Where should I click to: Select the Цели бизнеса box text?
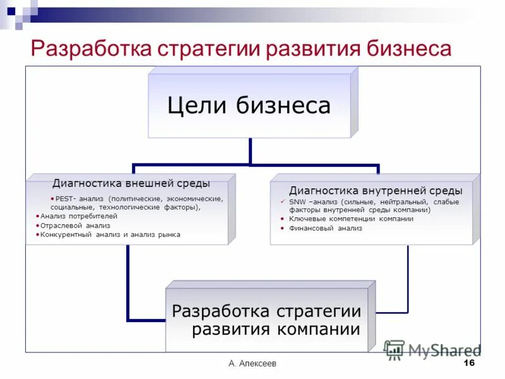pos(249,105)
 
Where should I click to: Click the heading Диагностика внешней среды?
pos(131,183)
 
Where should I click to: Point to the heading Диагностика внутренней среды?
pos(376,190)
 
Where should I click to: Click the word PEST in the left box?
pos(63,198)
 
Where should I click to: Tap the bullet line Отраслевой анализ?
pos(75,225)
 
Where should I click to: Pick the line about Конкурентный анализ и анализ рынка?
pos(110,234)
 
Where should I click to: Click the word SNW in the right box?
pos(297,202)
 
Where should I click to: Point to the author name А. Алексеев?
pos(252,364)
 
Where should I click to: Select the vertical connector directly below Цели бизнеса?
pos(251,152)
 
